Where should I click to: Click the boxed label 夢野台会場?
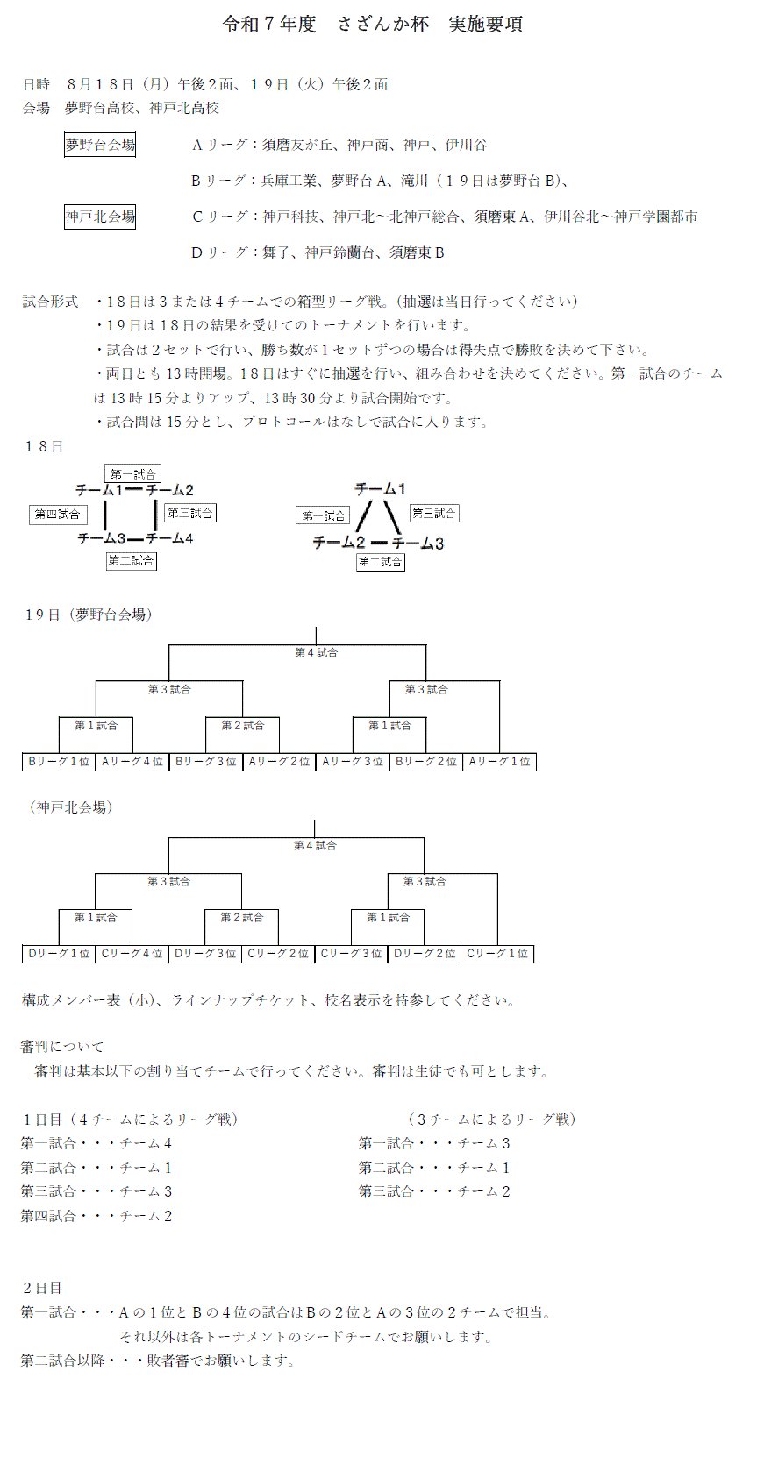coord(100,145)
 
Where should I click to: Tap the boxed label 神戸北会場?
coord(100,217)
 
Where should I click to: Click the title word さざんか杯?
coord(382,25)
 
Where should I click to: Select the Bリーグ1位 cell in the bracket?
coord(59,762)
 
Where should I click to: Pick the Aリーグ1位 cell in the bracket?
coord(499,762)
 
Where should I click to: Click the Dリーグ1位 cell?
coord(59,954)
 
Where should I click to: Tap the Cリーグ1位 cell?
coord(497,954)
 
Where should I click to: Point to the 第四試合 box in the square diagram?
coord(58,515)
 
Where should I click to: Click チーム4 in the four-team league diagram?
coord(170,538)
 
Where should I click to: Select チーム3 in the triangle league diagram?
coord(418,544)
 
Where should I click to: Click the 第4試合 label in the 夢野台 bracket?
coord(316,653)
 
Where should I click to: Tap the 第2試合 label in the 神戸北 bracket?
coord(242,917)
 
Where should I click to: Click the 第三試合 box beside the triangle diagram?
coord(434,514)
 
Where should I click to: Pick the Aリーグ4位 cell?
coord(132,762)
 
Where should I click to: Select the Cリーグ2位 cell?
coord(278,954)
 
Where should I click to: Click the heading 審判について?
coord(61,1047)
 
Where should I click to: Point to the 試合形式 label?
coord(50,302)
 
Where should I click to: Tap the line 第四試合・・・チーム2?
coord(96,1216)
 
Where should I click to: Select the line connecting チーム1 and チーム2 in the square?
coord(134,488)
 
